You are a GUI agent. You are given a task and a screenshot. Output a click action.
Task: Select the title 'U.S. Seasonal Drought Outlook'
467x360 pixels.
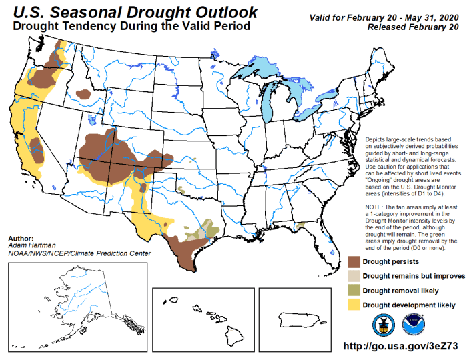click(x=134, y=12)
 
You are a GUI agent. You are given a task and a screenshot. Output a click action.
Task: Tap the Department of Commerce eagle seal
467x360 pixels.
click(x=383, y=324)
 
